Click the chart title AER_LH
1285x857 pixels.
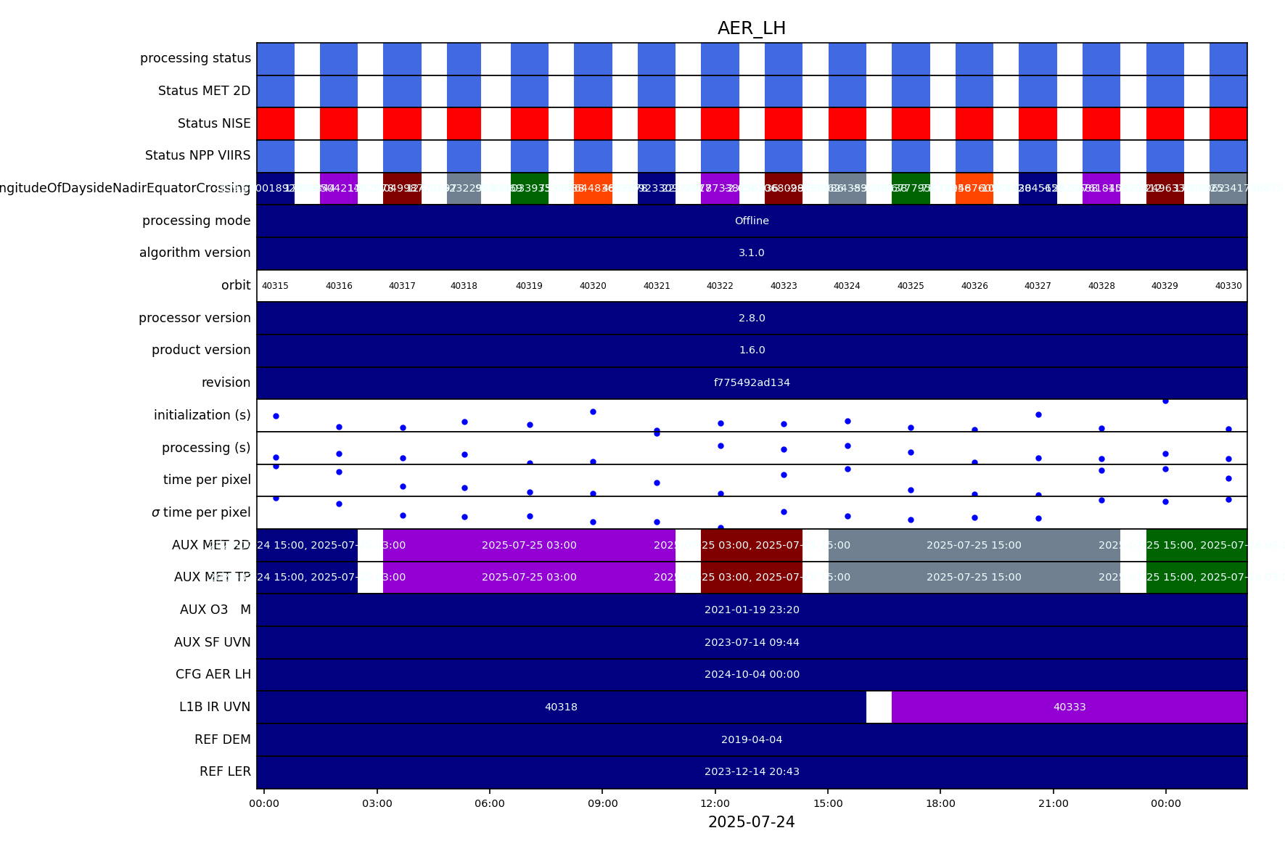751,28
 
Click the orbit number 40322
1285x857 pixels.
720,286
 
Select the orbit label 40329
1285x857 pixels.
1165,286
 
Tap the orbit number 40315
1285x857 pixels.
275,286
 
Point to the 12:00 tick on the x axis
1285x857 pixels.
715,803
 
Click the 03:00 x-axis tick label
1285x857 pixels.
377,803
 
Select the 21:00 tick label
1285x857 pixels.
1053,803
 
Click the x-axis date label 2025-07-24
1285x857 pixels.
751,822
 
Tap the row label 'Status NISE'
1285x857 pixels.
214,123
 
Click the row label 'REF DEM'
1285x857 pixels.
222,739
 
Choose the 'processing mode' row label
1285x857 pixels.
196,221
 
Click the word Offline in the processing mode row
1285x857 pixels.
752,221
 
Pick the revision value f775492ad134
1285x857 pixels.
752,382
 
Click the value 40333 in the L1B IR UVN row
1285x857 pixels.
1070,707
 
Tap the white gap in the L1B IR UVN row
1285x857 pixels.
879,707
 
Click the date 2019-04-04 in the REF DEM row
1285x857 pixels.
752,739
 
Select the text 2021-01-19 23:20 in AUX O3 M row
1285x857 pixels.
752,610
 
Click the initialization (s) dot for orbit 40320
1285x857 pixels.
593,411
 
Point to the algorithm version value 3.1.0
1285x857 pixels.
752,253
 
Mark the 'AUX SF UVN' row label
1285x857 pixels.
212,642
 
